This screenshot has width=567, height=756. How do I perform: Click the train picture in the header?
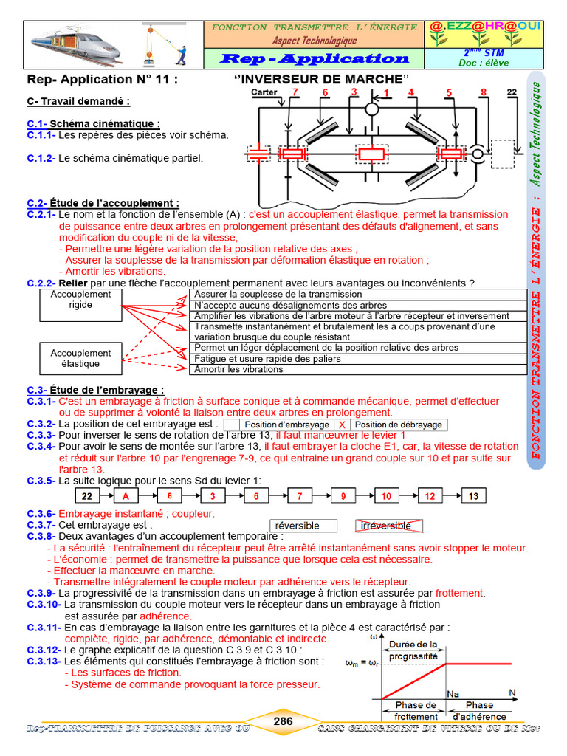86,44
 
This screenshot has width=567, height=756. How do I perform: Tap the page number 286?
283,721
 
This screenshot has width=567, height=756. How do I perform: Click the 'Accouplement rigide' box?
80,299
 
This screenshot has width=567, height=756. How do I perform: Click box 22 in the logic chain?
87,496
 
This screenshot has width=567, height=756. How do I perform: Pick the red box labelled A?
126,496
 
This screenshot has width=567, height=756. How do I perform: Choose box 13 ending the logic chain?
473,496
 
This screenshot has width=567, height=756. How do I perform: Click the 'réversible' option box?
303,526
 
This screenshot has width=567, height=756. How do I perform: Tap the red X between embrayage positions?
342,425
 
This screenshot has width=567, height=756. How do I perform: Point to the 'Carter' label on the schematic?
264,92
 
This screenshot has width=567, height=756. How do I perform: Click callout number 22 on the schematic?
512,92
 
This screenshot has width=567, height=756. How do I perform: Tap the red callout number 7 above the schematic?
295,92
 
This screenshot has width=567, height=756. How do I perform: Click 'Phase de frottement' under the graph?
415,710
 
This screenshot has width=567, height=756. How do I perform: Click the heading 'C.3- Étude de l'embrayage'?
95,390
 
